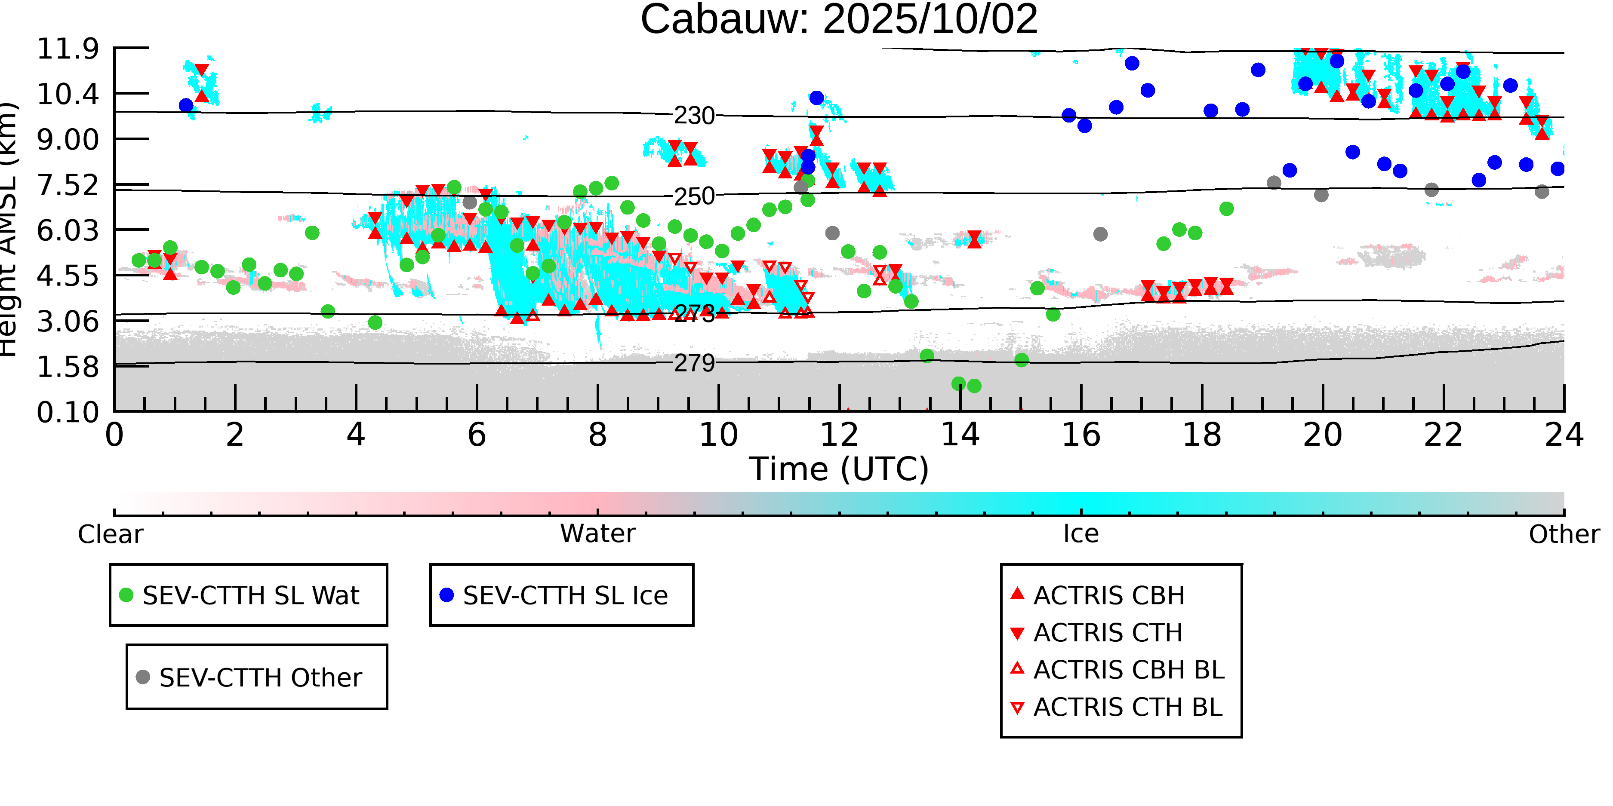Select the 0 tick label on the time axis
click(114, 435)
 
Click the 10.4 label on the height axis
click(68, 95)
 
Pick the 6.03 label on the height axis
click(68, 231)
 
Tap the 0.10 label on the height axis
click(68, 412)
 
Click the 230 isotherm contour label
click(694, 116)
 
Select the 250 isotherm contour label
click(694, 196)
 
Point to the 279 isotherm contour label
click(694, 363)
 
